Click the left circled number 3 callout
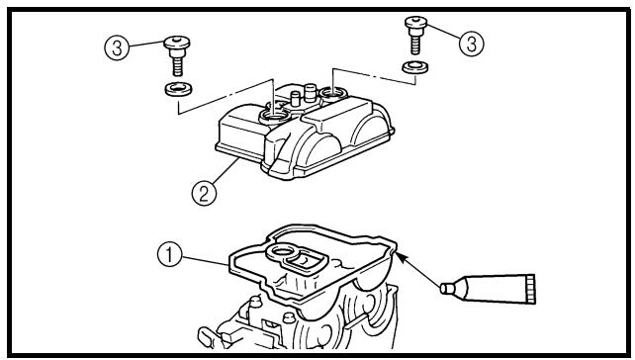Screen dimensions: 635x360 [117, 48]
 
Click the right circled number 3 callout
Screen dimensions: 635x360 [472, 44]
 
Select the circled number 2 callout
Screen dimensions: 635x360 [204, 193]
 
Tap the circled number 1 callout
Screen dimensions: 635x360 [169, 254]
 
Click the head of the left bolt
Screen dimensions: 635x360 [177, 43]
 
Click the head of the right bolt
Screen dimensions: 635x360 [415, 22]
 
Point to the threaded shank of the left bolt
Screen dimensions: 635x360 [177, 66]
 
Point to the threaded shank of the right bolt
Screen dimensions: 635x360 [415, 45]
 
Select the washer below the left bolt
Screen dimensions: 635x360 [178, 89]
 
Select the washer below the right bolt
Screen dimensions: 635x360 [415, 67]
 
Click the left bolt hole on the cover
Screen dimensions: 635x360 [275, 117]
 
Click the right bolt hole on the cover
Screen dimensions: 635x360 [333, 94]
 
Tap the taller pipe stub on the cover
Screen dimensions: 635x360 [310, 93]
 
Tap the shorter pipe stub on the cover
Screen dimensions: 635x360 [296, 98]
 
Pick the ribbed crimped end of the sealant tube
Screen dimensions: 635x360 [531, 289]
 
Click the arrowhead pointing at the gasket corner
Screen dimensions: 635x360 [401, 257]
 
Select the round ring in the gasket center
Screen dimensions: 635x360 [280, 252]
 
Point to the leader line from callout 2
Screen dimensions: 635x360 [225, 171]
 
